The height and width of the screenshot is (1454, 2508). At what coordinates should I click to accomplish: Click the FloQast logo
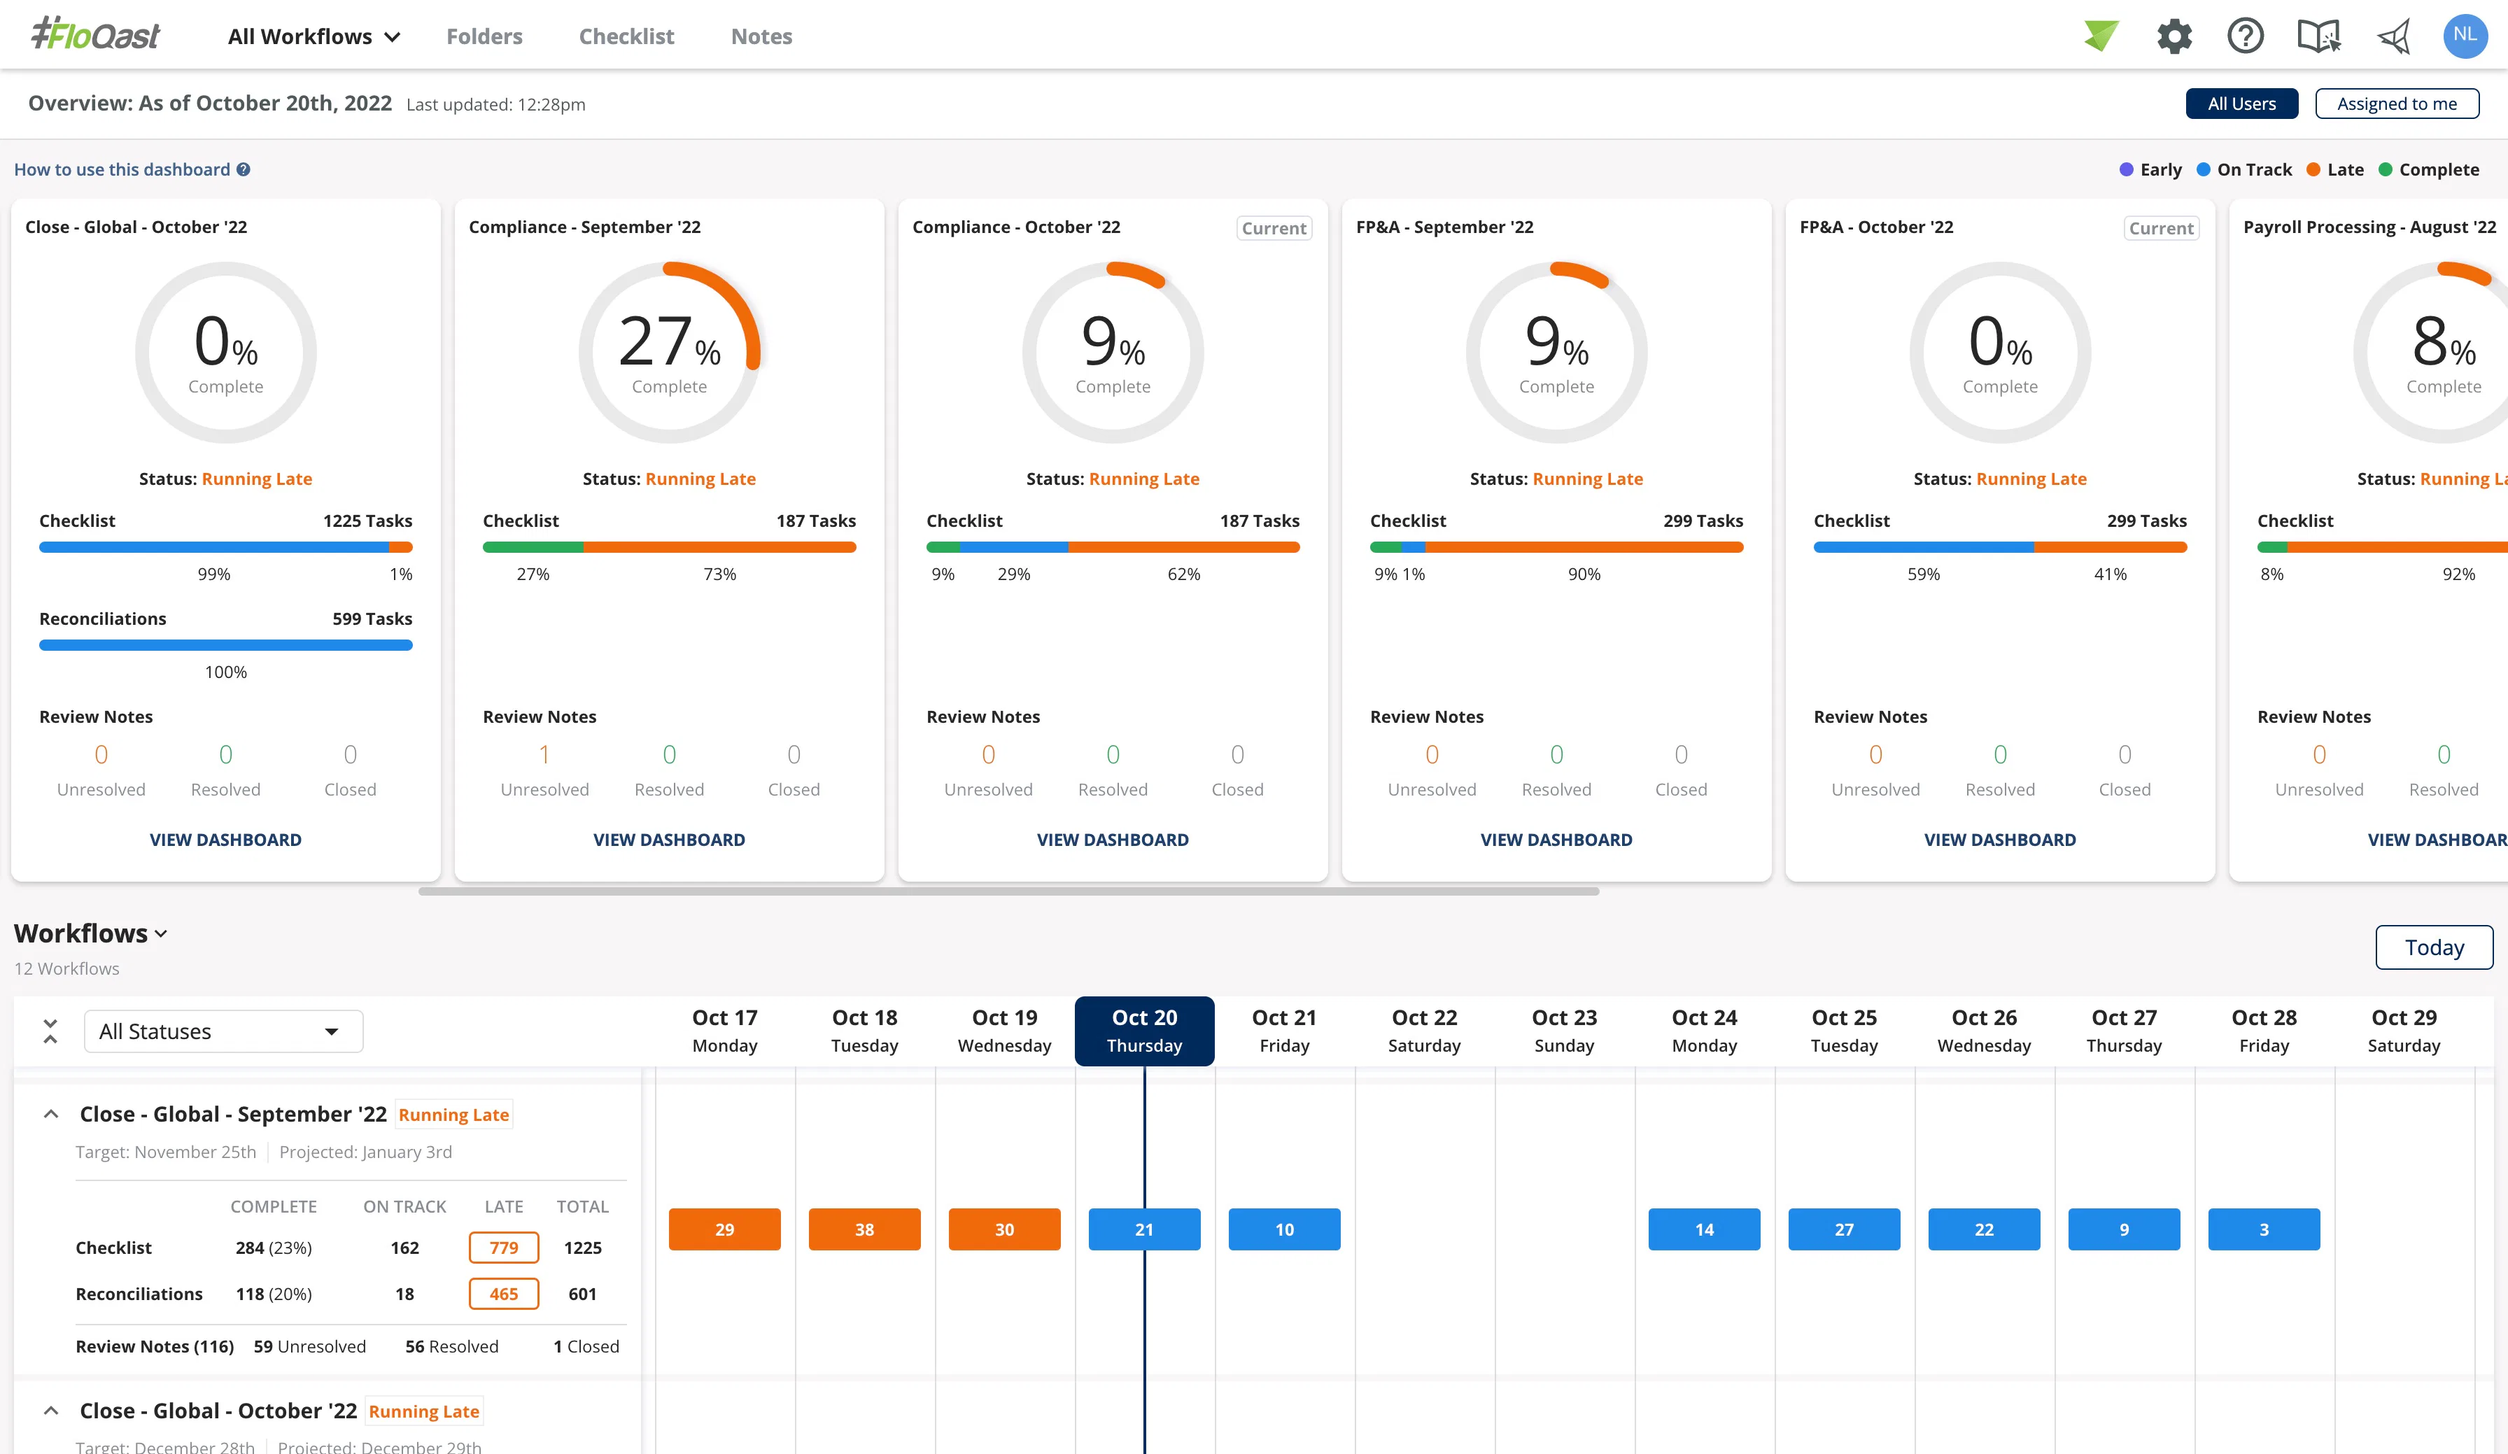pyautogui.click(x=96, y=36)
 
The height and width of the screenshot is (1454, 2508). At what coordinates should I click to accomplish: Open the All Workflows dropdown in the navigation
pyautogui.click(x=313, y=37)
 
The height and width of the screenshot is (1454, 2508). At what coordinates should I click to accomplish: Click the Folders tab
pyautogui.click(x=484, y=37)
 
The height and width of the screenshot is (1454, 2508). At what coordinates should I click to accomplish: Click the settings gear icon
pyautogui.click(x=2174, y=37)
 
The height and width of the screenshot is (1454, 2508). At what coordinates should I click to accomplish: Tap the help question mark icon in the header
pyautogui.click(x=2246, y=37)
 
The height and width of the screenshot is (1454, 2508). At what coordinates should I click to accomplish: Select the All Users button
pyautogui.click(x=2241, y=104)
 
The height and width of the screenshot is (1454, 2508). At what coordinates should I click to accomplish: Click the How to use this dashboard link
pyautogui.click(x=122, y=169)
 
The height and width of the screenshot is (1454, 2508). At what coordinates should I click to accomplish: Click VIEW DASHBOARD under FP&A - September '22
pyautogui.click(x=1556, y=839)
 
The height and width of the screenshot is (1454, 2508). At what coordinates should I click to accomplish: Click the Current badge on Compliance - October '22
pyautogui.click(x=1273, y=228)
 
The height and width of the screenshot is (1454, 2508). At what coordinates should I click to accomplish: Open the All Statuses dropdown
pyautogui.click(x=223, y=1031)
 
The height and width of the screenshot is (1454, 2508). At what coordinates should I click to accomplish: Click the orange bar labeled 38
pyautogui.click(x=864, y=1229)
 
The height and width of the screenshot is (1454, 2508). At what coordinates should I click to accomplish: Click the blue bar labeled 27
pyautogui.click(x=1843, y=1229)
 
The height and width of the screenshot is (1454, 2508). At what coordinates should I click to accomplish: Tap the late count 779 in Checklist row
pyautogui.click(x=504, y=1247)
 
